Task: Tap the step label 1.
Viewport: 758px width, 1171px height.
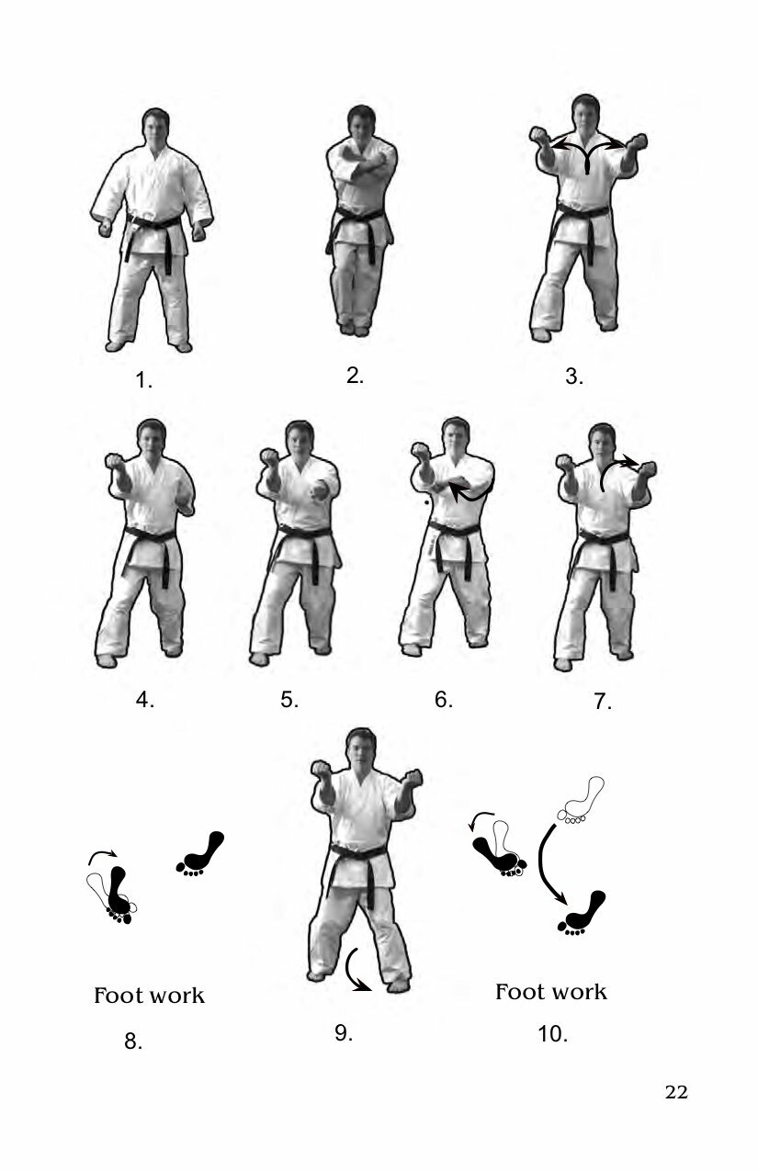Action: click(x=143, y=380)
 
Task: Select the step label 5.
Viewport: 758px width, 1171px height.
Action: click(x=289, y=700)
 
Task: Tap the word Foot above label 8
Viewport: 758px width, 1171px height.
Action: click(x=115, y=996)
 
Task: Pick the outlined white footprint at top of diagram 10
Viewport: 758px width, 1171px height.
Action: click(x=581, y=802)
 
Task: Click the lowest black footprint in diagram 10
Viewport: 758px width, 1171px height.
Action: click(x=582, y=913)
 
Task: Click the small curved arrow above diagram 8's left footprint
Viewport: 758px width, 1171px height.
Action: click(x=102, y=854)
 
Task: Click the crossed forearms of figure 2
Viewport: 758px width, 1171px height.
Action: click(x=361, y=171)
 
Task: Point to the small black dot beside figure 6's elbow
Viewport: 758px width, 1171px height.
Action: click(x=427, y=502)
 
